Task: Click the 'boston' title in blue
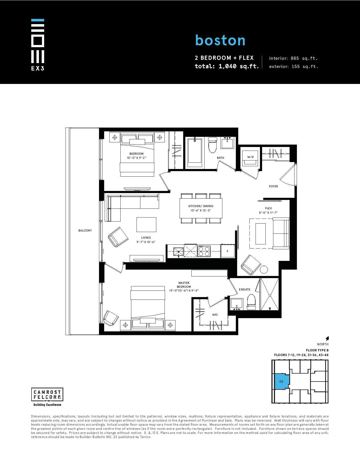click(220, 40)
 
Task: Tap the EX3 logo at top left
click(38, 45)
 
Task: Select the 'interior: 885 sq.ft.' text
click(293, 58)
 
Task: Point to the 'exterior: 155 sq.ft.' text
click(294, 66)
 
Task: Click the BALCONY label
click(85, 230)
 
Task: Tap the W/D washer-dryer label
click(250, 157)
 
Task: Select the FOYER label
click(273, 186)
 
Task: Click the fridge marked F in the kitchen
click(228, 251)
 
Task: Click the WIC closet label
click(215, 315)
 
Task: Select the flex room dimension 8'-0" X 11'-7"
click(268, 213)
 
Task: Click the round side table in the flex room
click(263, 270)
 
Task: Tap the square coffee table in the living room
click(146, 225)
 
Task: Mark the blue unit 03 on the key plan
click(282, 381)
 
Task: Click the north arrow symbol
click(327, 338)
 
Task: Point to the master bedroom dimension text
click(184, 290)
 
